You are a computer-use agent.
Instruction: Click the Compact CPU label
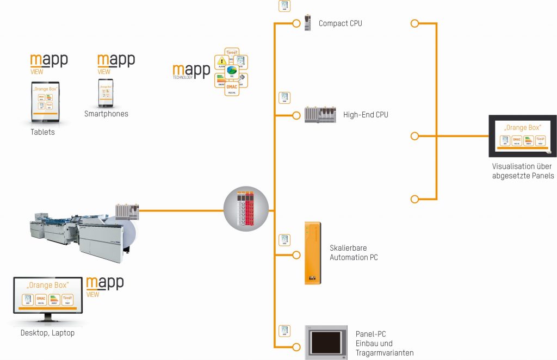(x=340, y=23)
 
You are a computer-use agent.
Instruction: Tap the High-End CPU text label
(x=366, y=115)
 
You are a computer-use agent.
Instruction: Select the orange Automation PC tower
(x=312, y=253)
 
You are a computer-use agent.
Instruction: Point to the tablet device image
(x=46, y=102)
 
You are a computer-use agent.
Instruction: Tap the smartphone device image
(x=106, y=93)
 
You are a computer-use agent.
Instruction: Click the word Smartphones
(x=106, y=114)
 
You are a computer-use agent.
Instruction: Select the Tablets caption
(x=42, y=132)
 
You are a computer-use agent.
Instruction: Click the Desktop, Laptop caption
(x=47, y=333)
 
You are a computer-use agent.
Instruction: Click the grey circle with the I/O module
(x=246, y=209)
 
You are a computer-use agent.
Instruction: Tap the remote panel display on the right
(x=522, y=136)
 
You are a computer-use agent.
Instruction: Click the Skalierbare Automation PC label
(x=354, y=253)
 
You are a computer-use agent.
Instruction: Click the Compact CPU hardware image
(x=308, y=22)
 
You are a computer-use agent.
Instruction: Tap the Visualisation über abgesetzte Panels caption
(x=522, y=171)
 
